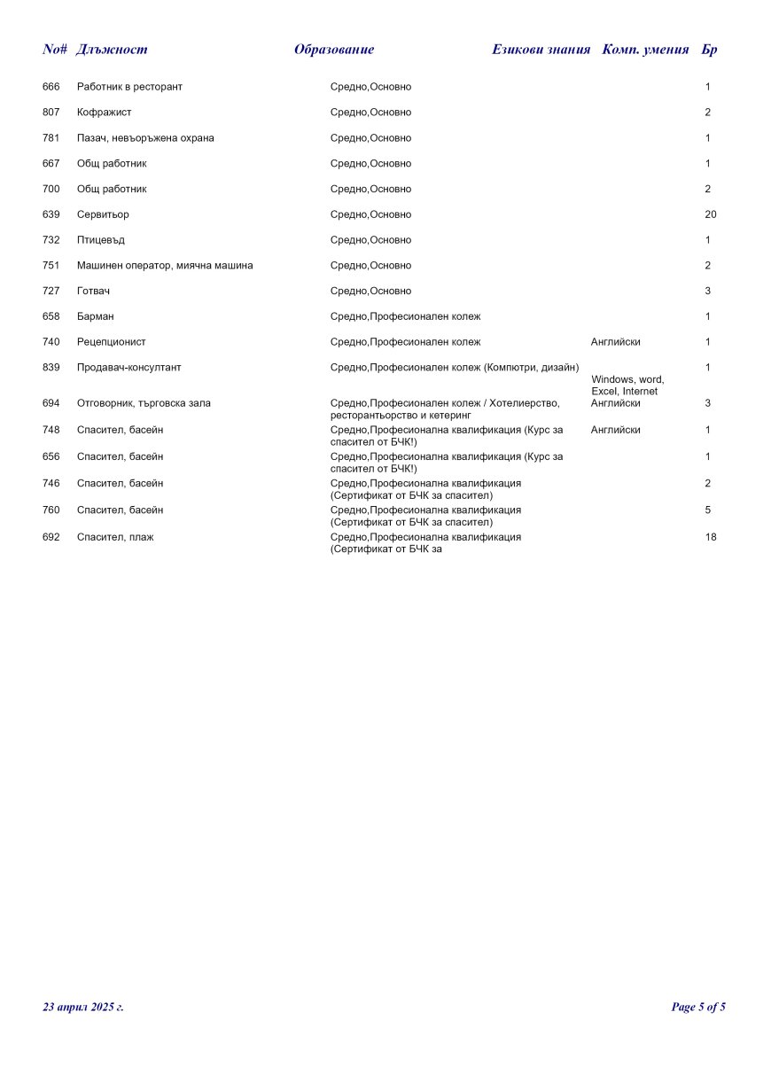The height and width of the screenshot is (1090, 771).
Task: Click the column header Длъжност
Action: (112, 50)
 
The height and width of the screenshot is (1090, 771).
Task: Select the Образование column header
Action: (334, 50)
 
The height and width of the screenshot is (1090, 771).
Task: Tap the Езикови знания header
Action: (541, 50)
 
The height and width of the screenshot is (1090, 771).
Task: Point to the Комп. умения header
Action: (645, 50)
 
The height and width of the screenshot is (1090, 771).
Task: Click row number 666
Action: (51, 87)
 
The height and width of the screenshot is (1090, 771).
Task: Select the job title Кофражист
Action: (104, 113)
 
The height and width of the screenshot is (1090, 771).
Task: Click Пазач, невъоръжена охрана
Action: (145, 138)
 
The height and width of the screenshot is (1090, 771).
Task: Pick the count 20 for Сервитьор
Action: (710, 214)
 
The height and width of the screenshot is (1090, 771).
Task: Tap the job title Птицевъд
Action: (101, 240)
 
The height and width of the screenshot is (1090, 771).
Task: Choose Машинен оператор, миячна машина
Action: (165, 266)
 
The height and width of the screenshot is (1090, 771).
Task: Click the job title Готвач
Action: (94, 292)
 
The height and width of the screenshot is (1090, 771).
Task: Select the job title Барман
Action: (95, 316)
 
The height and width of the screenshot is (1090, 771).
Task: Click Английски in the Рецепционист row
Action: (615, 342)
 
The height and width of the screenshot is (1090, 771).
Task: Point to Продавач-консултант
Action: (128, 368)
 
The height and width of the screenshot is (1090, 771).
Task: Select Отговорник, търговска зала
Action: (144, 403)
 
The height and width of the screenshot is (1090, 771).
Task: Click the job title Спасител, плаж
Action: (115, 537)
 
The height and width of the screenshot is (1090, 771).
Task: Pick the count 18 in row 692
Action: (710, 537)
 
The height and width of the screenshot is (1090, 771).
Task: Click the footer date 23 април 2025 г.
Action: (83, 1008)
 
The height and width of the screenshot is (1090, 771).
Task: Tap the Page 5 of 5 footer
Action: (698, 1008)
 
